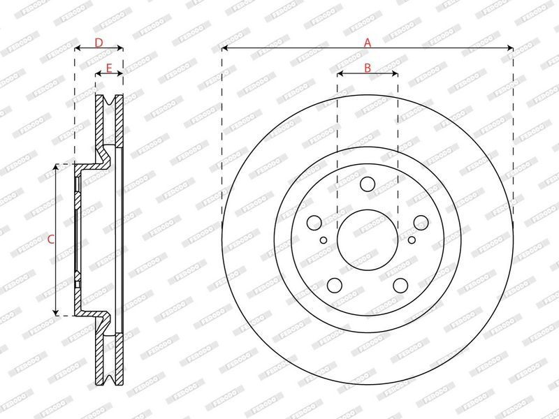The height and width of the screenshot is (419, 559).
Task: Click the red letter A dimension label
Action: (368, 43)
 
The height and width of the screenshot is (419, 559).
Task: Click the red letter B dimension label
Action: (368, 68)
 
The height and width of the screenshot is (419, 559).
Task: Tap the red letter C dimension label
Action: (51, 240)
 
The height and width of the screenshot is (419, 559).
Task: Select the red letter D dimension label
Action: (99, 43)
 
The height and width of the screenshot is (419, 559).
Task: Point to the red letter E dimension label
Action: (109, 68)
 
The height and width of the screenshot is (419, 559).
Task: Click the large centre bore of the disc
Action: (368, 240)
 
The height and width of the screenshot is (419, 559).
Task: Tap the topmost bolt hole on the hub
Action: (368, 184)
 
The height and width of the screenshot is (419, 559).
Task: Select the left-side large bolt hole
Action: (314, 223)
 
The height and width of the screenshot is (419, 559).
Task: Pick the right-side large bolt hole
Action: (421, 223)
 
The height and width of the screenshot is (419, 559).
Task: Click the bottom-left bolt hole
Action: (335, 286)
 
